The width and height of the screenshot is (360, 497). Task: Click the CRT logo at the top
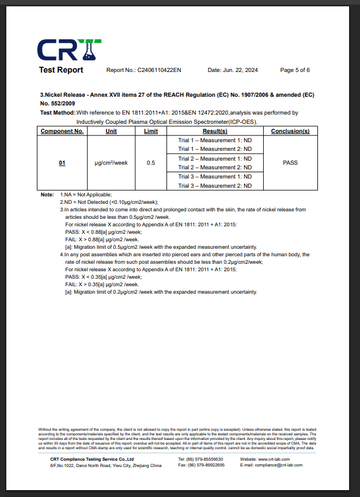tap(70, 50)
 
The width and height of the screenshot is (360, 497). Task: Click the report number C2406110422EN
tap(159, 70)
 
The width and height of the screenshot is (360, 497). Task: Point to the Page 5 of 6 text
tap(295, 70)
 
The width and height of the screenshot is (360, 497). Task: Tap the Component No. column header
tap(62, 131)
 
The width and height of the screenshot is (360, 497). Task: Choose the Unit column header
tap(111, 131)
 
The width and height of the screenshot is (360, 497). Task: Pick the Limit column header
tap(150, 131)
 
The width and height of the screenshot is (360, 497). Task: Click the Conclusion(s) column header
tap(290, 131)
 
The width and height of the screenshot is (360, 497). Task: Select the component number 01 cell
tap(62, 163)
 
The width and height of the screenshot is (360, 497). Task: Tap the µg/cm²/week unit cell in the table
tap(111, 163)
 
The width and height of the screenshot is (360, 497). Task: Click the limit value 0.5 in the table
tap(150, 163)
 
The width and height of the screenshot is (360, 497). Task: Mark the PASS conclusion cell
tap(290, 163)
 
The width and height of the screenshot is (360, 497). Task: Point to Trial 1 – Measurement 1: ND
tap(215, 141)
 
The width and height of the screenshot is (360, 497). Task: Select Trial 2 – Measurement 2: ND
tap(215, 168)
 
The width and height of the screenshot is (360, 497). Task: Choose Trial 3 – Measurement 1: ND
tap(215, 177)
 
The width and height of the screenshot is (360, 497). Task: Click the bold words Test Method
tap(57, 113)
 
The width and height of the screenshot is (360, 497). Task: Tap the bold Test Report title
tap(61, 70)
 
